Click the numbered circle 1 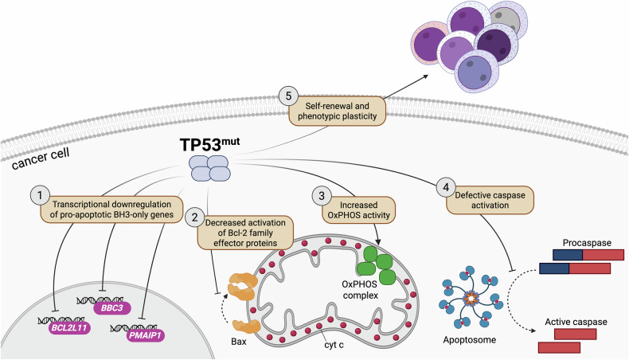(40, 195)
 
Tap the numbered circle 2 (194, 217)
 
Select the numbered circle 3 (322, 195)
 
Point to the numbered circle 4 (445, 187)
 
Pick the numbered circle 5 (288, 96)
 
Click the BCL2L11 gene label (69, 328)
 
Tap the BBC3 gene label (112, 307)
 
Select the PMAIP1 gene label (145, 335)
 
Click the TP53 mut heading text (209, 144)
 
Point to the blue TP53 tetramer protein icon (210, 169)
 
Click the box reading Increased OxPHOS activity (358, 210)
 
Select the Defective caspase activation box (490, 200)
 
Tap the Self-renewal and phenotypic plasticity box (337, 112)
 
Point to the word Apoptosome (469, 340)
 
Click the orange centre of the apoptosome (471, 299)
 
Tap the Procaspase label (587, 243)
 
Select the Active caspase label (576, 322)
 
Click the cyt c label (334, 344)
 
